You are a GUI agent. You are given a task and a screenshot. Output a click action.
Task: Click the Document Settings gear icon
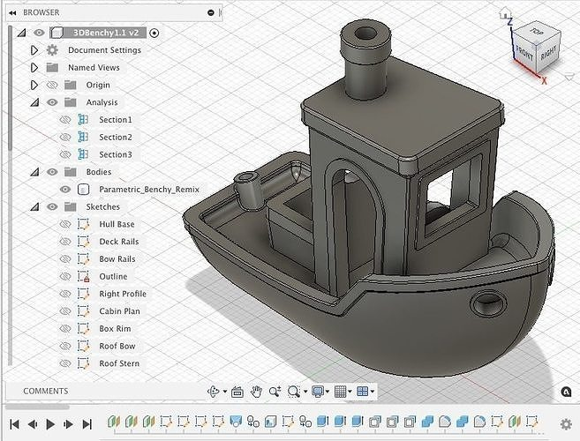point(52,50)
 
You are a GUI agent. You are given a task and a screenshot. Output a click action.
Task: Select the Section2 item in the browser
point(116,137)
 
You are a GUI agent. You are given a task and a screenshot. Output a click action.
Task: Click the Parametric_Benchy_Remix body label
point(149,190)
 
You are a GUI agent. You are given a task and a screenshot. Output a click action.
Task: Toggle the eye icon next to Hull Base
point(65,224)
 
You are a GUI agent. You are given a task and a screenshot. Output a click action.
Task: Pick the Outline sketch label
point(113,276)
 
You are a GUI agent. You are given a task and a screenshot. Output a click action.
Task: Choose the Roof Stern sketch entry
point(119,363)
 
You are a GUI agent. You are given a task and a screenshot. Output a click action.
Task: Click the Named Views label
point(94,68)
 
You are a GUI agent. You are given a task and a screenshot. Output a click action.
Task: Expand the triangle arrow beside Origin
point(34,85)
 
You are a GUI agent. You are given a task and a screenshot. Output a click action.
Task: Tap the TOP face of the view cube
point(536,32)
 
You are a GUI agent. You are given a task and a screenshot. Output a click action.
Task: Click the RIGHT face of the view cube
point(548,53)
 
